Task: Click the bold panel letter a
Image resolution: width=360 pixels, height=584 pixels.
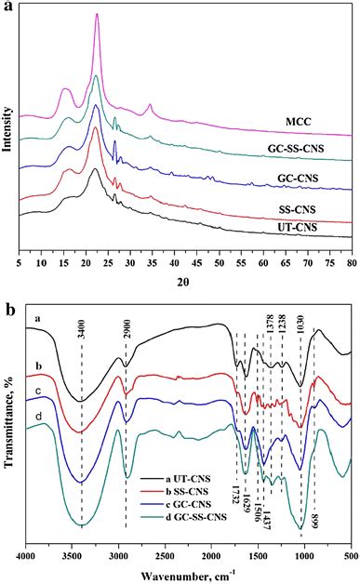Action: point(7,7)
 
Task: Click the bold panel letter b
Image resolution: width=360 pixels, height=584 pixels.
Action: point(7,302)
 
